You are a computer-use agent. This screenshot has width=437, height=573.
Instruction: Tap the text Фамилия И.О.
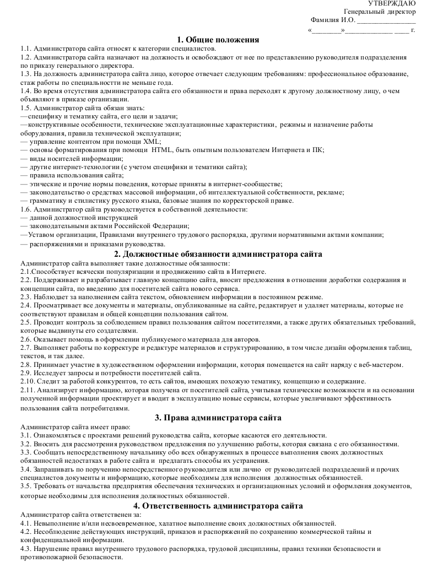(333, 20)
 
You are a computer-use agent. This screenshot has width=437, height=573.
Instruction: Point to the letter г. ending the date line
(413, 29)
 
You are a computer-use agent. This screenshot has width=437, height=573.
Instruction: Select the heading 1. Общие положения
(218, 40)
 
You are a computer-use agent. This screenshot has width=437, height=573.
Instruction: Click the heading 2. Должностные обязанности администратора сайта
(218, 255)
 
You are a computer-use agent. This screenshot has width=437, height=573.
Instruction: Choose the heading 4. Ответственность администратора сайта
(218, 506)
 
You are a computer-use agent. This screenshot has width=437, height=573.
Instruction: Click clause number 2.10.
(28, 381)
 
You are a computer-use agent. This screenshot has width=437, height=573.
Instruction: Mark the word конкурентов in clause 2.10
(101, 381)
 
